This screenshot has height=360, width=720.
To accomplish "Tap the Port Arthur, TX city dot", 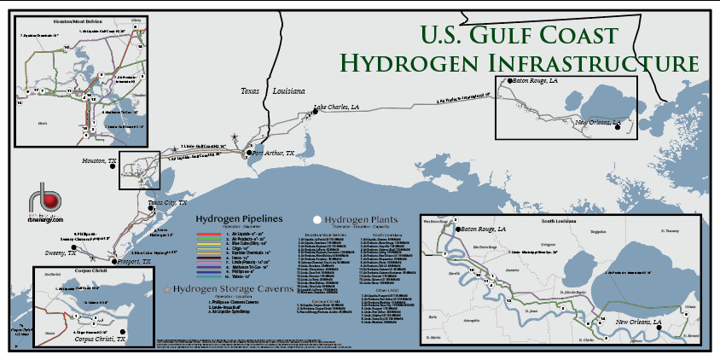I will pos(249,153).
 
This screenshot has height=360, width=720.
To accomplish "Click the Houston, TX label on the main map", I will pos(100,160).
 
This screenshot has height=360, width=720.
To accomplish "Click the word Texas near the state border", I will pos(250,90).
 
